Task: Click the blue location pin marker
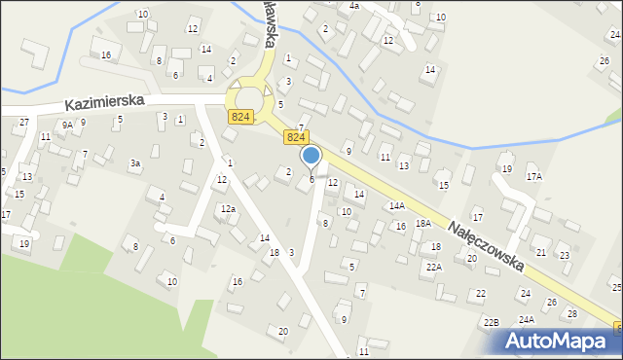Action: click(x=311, y=157)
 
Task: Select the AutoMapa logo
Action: click(x=559, y=341)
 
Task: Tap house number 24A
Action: click(x=527, y=319)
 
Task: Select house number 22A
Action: click(x=433, y=266)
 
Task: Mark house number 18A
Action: click(x=422, y=223)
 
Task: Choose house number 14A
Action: click(x=396, y=205)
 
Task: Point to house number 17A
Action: click(x=533, y=177)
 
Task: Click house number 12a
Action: click(x=228, y=209)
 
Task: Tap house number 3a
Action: click(x=136, y=162)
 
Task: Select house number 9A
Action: click(x=67, y=125)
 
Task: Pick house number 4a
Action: click(x=354, y=6)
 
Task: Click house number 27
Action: click(x=23, y=123)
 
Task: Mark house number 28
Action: click(x=571, y=313)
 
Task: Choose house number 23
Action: click(x=565, y=255)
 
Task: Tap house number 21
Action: click(x=540, y=252)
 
